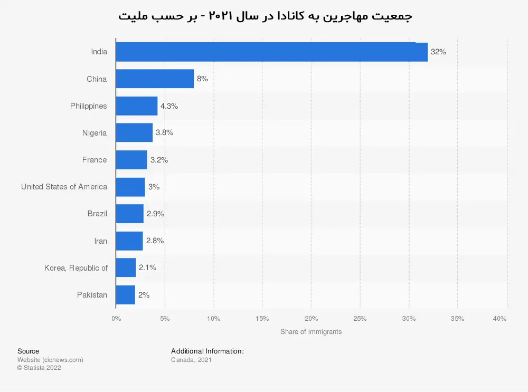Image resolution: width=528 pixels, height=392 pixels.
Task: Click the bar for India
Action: tap(271, 52)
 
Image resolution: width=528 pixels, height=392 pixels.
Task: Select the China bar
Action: tap(155, 79)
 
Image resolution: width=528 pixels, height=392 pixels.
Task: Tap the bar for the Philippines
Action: tap(136, 106)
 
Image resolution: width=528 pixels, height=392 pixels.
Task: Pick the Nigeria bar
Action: tap(134, 133)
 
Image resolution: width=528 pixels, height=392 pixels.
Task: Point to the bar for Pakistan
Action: tap(125, 295)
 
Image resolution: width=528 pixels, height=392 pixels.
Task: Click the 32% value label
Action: tap(438, 52)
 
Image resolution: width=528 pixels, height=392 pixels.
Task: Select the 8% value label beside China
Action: tap(202, 79)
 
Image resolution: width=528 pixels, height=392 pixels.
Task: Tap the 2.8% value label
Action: tap(155, 241)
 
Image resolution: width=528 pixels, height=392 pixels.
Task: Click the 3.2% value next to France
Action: tap(159, 160)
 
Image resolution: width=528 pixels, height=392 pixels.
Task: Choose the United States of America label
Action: tap(64, 187)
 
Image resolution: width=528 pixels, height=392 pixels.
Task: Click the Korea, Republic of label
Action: tap(76, 268)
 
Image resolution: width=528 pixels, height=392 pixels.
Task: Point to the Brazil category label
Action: tap(97, 214)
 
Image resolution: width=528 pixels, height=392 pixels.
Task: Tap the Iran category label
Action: tap(100, 241)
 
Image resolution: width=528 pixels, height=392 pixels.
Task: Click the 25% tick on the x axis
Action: tap(360, 319)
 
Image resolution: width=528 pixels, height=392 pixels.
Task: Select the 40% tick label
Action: tap(499, 319)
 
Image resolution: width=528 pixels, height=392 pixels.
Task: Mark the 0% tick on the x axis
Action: tap(116, 319)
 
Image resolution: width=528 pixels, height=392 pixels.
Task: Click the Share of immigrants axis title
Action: tap(311, 332)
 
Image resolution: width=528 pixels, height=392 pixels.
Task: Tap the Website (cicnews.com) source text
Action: tap(50, 360)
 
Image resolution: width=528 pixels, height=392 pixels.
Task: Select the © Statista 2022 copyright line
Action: tap(39, 368)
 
